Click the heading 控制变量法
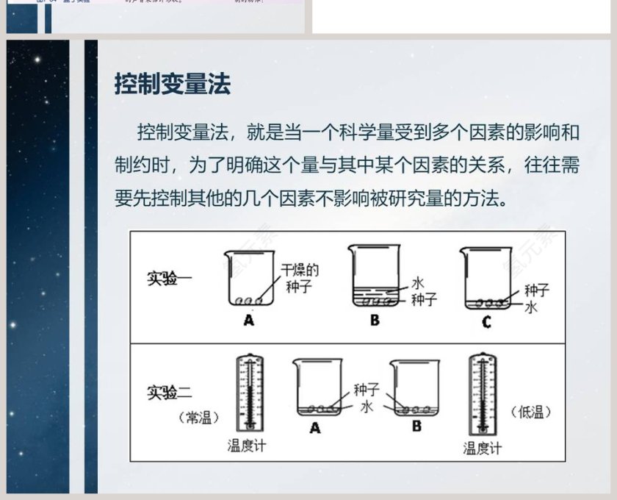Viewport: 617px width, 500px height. [x=173, y=84]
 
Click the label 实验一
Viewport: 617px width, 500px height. [x=169, y=279]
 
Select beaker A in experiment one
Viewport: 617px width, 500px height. [x=248, y=279]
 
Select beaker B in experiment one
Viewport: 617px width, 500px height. [x=374, y=276]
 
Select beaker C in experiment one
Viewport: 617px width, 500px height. [x=486, y=278]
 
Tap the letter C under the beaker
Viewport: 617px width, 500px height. [x=486, y=321]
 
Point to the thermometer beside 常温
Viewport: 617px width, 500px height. [x=249, y=394]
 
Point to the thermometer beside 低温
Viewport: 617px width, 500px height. [x=481, y=394]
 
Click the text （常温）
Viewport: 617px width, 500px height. [x=195, y=418]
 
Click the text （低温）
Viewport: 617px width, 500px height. [x=530, y=412]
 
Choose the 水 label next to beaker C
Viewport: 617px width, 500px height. [x=531, y=307]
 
